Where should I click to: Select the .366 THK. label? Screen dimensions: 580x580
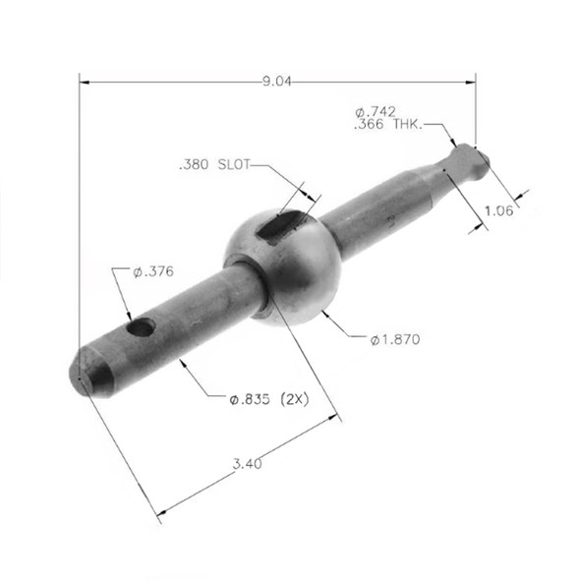[x=387, y=126]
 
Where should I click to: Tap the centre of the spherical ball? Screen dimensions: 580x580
[x=283, y=264]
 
